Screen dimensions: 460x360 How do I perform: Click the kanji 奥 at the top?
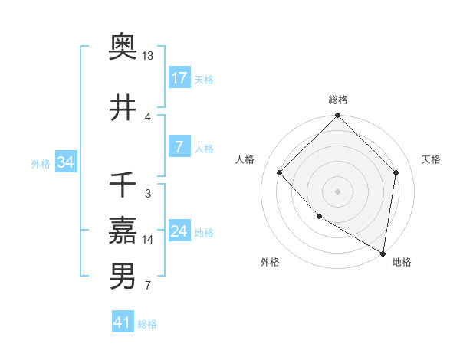pos(123,47)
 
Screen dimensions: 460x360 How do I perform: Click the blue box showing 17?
pos(179,78)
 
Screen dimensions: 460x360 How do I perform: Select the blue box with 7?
pos(179,148)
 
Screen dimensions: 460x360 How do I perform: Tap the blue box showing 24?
pos(179,232)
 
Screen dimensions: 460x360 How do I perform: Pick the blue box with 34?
pos(65,162)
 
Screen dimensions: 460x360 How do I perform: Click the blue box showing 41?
pos(123,323)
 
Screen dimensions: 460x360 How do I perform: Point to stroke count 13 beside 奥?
pos(147,56)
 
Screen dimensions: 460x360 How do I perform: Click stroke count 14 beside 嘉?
pos(147,240)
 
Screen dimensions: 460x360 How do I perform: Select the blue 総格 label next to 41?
pos(147,324)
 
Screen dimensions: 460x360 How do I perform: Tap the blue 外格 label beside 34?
pos(41,163)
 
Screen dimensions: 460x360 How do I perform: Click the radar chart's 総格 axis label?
pos(338,100)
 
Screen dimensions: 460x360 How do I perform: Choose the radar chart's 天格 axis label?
pos(432,159)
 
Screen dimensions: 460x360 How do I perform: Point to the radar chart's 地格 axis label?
pos(402,262)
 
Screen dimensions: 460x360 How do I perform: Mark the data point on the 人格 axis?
pos(280,172)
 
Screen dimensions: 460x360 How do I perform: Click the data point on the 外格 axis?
pos(319,217)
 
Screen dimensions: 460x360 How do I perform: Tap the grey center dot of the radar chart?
pos(337,191)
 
